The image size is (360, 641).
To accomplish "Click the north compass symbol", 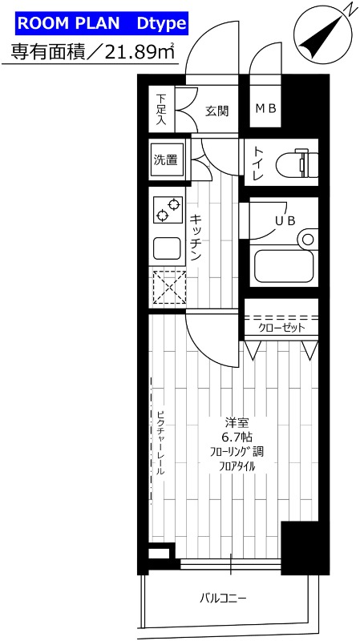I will [323, 36].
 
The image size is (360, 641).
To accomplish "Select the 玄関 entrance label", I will [216, 110].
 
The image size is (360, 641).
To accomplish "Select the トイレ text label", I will [259, 164].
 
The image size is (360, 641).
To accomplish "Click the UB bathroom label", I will [285, 220].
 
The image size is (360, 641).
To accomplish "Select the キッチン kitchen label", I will [195, 238].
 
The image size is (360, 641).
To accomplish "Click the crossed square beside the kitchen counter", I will [168, 288].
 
